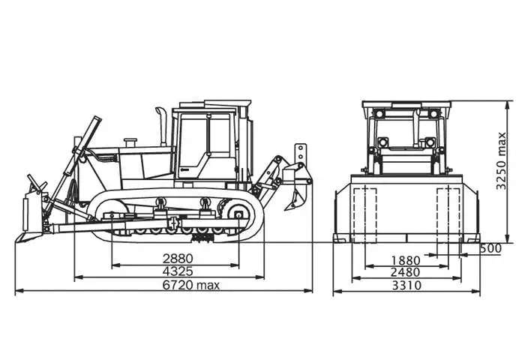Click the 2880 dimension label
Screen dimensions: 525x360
[x=178, y=259]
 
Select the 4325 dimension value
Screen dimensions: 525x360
[x=178, y=271]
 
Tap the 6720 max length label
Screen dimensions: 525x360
[x=191, y=285]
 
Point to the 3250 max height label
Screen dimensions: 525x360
[x=501, y=161]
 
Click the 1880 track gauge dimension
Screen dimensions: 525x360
[x=406, y=260]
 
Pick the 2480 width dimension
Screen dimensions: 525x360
[x=406, y=272]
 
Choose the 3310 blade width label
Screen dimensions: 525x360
[x=406, y=286]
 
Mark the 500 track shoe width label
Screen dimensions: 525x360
[x=490, y=248]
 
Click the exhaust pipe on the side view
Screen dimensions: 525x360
[x=162, y=126]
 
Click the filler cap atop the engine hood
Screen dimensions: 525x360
[x=130, y=142]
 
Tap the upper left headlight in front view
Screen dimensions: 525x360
[x=379, y=114]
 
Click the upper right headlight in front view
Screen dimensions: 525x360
[x=433, y=114]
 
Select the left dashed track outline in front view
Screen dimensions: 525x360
[x=365, y=215]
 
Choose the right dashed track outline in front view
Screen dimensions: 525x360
[x=448, y=215]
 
